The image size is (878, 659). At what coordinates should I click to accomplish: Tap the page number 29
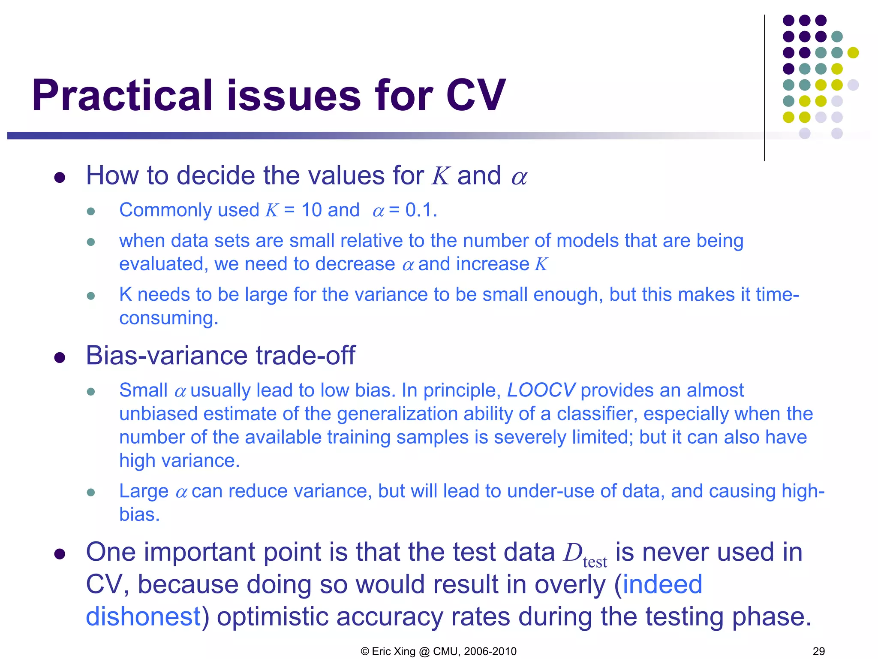pos(818,651)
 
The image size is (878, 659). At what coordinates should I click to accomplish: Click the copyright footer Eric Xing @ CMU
pos(438,651)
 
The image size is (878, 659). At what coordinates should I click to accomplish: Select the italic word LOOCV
pos(541,390)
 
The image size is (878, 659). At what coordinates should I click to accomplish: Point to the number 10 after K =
pos(312,210)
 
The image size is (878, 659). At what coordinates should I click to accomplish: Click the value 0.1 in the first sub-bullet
pos(420,210)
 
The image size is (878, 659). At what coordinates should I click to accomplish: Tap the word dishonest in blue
pos(143,617)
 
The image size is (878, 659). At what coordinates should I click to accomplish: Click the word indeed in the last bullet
pos(662,584)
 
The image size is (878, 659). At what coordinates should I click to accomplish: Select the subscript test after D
pos(595,562)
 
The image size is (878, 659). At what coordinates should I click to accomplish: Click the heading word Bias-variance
pos(167,356)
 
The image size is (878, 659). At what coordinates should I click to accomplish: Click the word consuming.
pos(168,318)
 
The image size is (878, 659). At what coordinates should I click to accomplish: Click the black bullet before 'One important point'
pos(60,554)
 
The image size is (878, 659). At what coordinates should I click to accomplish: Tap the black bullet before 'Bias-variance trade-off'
pos(60,358)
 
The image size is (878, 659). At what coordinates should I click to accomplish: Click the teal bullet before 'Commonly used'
pos(90,212)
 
